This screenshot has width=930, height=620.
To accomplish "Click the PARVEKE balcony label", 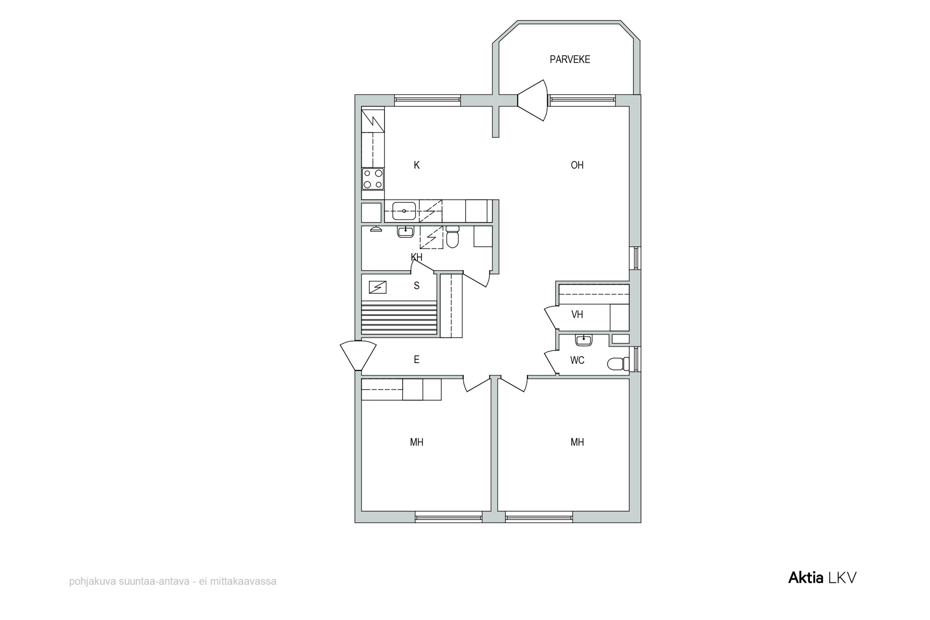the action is (x=570, y=59).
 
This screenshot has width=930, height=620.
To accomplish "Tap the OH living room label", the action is (x=577, y=165).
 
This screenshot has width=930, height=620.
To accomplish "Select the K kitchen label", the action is (x=416, y=165).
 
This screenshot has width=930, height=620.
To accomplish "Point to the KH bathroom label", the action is (x=416, y=257).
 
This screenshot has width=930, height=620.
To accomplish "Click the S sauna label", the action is (x=416, y=286).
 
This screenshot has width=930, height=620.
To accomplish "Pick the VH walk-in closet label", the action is (x=577, y=314).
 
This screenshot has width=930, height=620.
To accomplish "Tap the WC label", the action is (x=577, y=360).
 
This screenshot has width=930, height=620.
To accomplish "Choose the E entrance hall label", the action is (x=416, y=359).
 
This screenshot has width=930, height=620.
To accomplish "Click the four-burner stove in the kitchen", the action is (x=373, y=179).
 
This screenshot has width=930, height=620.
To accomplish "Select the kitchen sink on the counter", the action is (x=404, y=211).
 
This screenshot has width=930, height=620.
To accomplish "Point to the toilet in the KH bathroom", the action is (x=452, y=237).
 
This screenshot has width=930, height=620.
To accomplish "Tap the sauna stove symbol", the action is (x=377, y=287).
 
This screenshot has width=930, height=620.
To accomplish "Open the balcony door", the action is (x=533, y=100).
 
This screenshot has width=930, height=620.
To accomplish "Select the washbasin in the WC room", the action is (x=584, y=340).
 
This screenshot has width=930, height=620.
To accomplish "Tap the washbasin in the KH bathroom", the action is (x=405, y=232).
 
